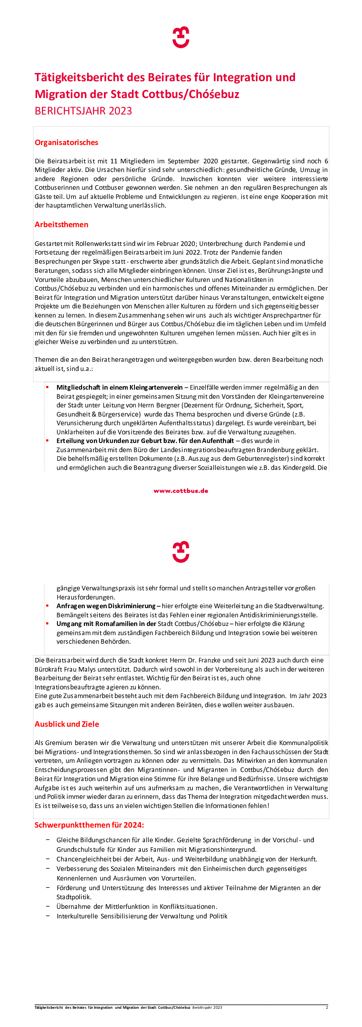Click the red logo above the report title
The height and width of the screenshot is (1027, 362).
point(181,37)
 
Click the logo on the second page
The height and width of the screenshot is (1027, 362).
point(181,552)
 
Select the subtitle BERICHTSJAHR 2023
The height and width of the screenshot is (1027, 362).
point(83,111)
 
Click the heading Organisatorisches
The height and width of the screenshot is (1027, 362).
point(67,142)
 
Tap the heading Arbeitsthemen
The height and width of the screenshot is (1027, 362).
point(62,224)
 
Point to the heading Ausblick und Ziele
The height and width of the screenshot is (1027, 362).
point(67,724)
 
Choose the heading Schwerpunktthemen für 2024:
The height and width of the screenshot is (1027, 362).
point(89,825)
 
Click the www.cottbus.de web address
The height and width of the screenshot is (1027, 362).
point(181,491)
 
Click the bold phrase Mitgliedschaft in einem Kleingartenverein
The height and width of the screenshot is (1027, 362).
point(119,387)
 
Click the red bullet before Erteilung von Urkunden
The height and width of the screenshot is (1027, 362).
point(47,441)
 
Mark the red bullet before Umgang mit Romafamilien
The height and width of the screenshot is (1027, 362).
point(47,624)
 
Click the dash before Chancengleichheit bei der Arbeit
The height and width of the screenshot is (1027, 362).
point(48,859)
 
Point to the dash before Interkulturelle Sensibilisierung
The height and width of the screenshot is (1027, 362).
point(48,916)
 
